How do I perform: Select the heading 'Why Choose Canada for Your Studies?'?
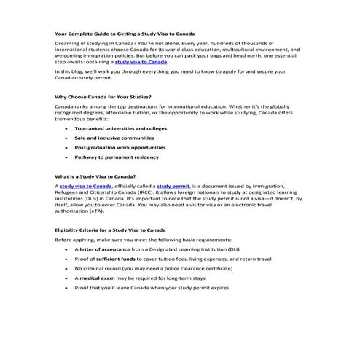pos(102,96)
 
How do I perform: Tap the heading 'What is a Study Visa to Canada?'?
pos(95,177)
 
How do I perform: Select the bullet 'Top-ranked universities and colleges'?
pos(120,128)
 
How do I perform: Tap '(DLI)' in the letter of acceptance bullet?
pos(232,249)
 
